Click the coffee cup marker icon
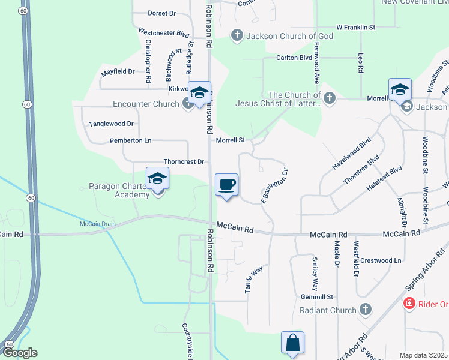coord(226,184)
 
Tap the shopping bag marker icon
coord(292,343)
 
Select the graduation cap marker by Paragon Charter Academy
coord(157,178)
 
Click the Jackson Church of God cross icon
coord(237,36)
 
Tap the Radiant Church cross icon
coord(365,310)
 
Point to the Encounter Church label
coord(146,104)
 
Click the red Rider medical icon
coord(409,304)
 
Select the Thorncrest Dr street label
coord(184,162)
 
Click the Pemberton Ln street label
coord(130,140)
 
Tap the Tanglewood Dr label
coord(111,124)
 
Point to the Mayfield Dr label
coord(118,71)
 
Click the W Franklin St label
coord(355,28)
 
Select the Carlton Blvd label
coord(294,58)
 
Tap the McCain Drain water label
coord(97,224)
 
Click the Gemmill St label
coord(318,297)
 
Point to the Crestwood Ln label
coord(381,260)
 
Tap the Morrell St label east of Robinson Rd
coord(231,140)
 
